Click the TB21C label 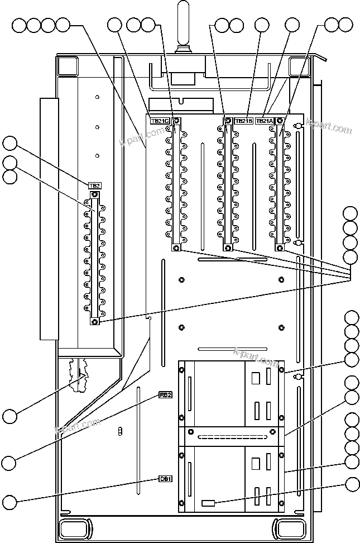159,120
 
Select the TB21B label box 243,120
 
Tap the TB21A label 265,120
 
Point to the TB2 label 94,185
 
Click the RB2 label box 165,396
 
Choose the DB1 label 165,479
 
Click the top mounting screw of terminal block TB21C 176,121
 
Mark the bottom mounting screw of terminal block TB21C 176,247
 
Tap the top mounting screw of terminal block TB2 94,194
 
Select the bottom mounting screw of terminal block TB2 94,321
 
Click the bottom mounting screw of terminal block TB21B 227,247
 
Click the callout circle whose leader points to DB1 9,501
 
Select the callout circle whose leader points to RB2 9,462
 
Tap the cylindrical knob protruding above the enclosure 183,25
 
